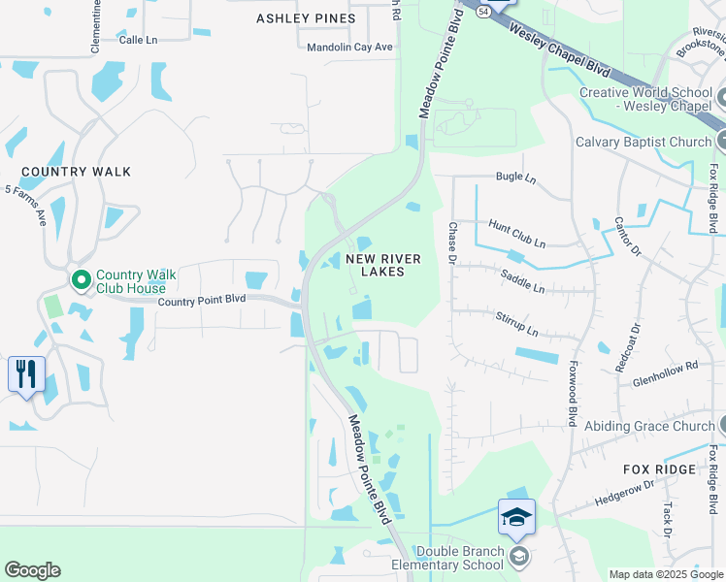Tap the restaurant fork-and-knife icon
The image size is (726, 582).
26,373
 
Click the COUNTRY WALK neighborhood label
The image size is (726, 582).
76,172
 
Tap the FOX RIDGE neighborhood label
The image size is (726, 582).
660,469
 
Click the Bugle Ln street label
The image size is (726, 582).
515,178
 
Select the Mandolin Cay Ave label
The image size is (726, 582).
349,47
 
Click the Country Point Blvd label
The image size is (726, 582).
202,301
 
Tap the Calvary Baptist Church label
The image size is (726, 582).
643,142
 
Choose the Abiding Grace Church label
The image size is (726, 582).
662,426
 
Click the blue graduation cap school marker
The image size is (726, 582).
516,517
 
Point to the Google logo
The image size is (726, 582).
32,570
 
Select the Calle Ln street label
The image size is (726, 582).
138,40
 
